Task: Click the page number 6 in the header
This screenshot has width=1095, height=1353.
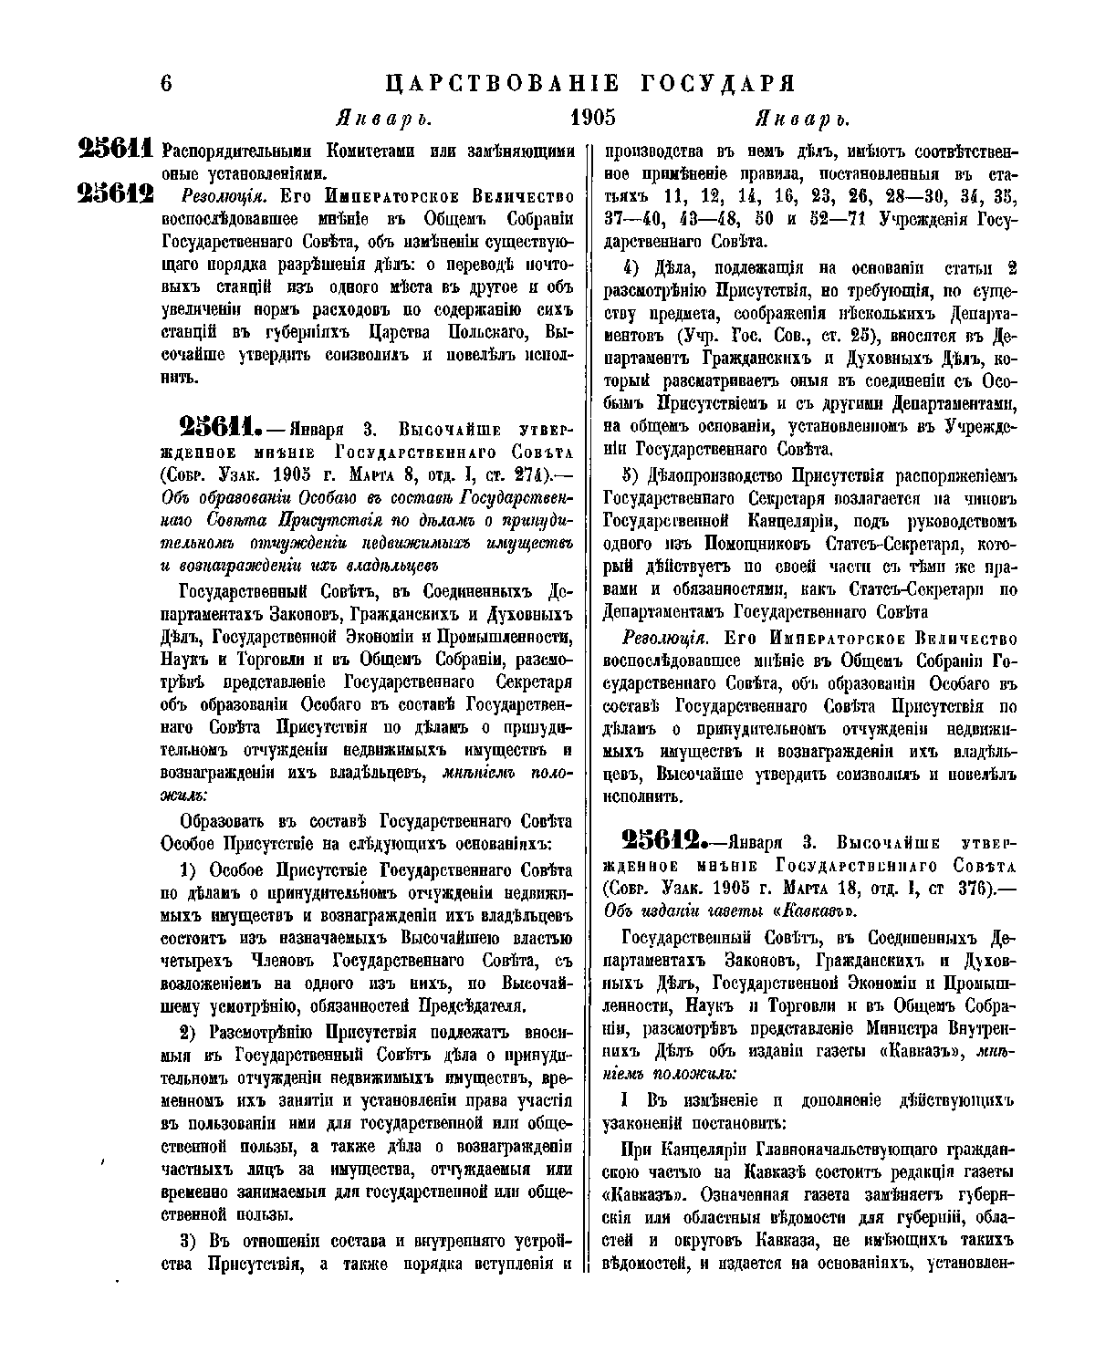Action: [166, 83]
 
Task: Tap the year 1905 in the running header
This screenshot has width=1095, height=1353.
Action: [593, 118]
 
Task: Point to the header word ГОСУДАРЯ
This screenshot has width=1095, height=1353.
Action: [720, 83]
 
